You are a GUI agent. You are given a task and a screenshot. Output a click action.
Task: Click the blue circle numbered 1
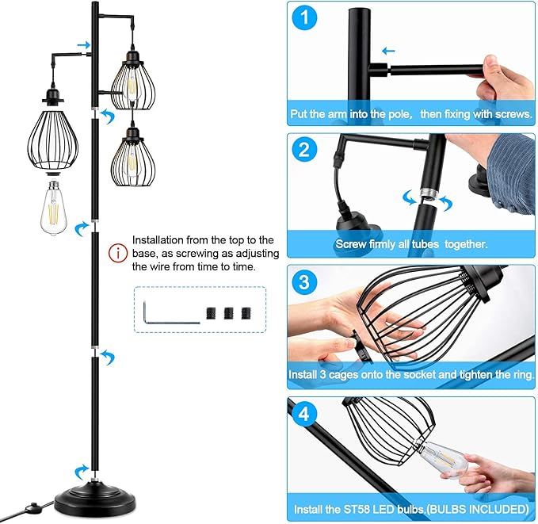pyautogui.click(x=304, y=17)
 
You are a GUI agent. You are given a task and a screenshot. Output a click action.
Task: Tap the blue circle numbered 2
pyautogui.click(x=304, y=150)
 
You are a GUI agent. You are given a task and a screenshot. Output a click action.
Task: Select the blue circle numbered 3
pyautogui.click(x=304, y=282)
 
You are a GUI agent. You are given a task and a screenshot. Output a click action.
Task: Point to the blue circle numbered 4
pyautogui.click(x=304, y=413)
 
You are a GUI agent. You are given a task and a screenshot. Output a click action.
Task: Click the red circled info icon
pyautogui.click(x=118, y=254)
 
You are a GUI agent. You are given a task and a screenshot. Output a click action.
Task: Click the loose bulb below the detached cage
pyautogui.click(x=54, y=208)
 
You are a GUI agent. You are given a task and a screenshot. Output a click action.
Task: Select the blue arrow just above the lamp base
pyautogui.click(x=81, y=472)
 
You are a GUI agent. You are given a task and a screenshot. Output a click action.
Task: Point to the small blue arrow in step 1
pyautogui.click(x=388, y=52)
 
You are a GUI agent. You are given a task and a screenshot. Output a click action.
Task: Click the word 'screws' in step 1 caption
pyautogui.click(x=513, y=114)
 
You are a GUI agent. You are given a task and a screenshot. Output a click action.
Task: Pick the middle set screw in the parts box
pyautogui.click(x=229, y=313)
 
